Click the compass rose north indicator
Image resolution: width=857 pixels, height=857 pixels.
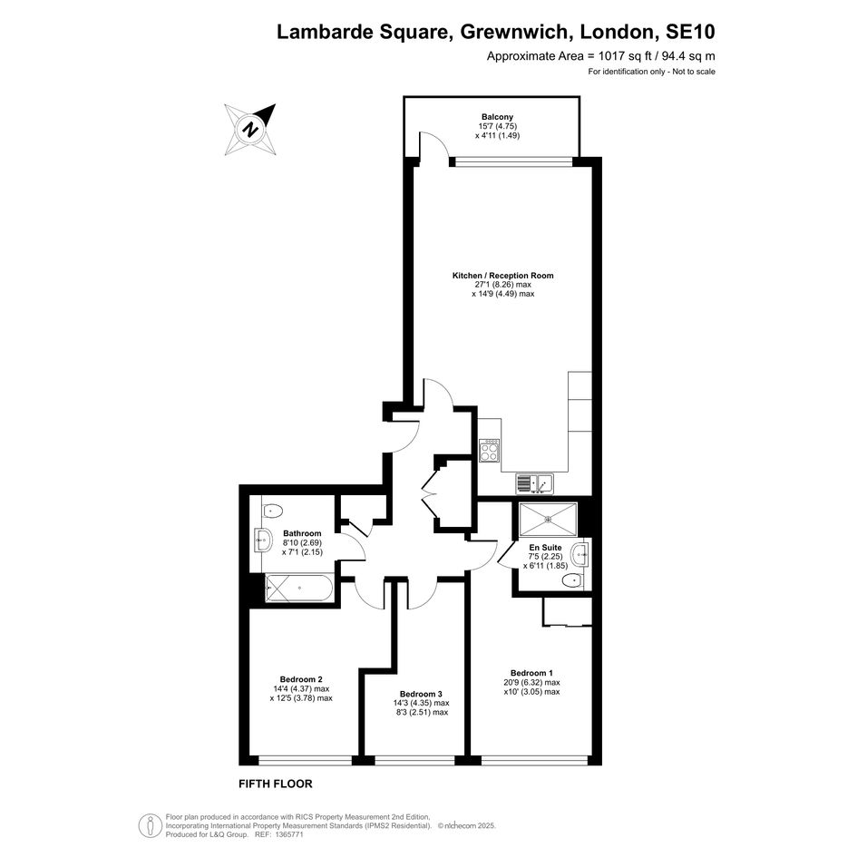pos(250,130)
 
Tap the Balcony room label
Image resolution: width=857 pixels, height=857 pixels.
pos(497,116)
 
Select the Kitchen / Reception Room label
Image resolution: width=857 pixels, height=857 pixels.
pos(502,276)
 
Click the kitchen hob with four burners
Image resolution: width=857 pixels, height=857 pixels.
pos(489,451)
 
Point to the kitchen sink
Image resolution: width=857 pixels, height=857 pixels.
pos(534,483)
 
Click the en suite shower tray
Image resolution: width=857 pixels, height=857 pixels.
pos(548,520)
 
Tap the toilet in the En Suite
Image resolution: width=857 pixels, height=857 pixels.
pos(572,580)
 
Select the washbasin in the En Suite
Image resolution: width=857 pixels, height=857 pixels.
pos(579,555)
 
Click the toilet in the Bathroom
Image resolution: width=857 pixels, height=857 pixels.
pos(272,511)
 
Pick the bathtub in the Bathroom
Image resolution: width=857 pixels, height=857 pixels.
pos(299,588)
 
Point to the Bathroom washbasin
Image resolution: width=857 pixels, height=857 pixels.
pos(263,540)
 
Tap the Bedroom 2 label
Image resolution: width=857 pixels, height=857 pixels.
pos(301,679)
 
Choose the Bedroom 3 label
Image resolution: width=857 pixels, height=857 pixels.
pos(421,694)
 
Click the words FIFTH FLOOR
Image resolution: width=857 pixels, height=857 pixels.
pos(276,784)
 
